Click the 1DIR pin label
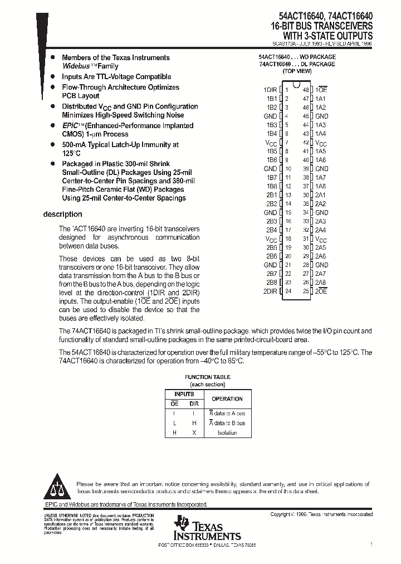(x=270, y=90)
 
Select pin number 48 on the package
(x=306, y=90)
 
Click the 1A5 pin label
(x=321, y=151)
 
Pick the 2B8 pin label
(x=271, y=283)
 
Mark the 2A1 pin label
(x=321, y=195)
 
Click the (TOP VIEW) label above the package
(x=297, y=71)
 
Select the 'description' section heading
(x=63, y=215)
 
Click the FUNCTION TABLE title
(x=207, y=377)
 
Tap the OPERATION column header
(x=227, y=399)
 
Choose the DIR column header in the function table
(x=194, y=403)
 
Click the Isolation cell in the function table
(x=227, y=432)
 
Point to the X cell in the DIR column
(x=194, y=432)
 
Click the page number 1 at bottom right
(x=371, y=543)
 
